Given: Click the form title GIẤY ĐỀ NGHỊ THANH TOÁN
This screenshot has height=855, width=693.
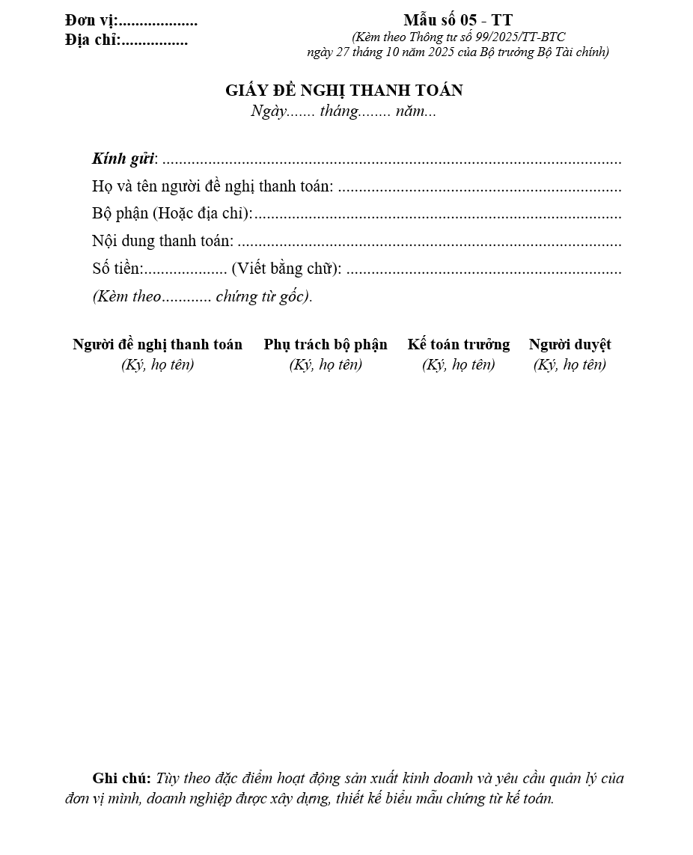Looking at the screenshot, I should pos(344,91).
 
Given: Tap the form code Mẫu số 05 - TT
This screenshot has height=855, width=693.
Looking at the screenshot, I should pos(458,20).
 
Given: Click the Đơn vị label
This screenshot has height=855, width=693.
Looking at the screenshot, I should pos(91,21).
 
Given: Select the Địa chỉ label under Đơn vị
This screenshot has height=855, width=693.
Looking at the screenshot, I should pos(92,40).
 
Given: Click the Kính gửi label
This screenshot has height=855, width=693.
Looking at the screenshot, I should pos(123,159).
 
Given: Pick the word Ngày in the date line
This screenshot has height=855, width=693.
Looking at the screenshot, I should pos(269,112).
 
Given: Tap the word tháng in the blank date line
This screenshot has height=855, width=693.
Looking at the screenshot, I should pos(338,112).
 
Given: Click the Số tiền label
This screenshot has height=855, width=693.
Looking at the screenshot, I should pos(117,269).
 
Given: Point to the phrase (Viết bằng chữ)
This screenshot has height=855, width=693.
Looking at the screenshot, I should pos(287,269).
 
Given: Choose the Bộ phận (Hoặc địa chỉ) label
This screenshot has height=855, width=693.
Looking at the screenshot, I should pos(172,214).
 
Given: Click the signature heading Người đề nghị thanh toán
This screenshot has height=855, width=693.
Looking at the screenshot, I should pos(157,345).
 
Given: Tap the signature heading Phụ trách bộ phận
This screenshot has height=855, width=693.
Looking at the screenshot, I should pos(326,345).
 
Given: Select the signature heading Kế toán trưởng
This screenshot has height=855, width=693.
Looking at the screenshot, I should pos(459,345).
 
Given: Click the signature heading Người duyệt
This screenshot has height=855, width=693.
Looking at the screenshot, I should pos(570,345).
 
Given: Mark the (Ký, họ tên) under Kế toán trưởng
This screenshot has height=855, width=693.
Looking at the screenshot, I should pos(459,365).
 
